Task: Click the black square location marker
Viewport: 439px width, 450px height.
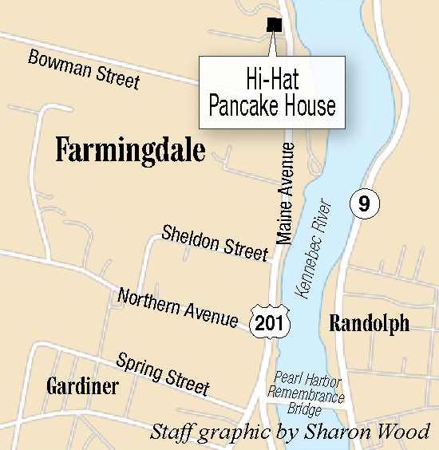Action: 274,24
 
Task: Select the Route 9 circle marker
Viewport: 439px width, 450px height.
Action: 364,204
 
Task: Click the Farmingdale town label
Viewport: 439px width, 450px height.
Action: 130,150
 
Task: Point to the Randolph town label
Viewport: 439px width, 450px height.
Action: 370,323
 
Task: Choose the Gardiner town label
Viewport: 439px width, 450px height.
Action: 82,387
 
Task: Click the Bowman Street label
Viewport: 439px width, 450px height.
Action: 84,69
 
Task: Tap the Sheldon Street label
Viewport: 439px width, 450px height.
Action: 214,243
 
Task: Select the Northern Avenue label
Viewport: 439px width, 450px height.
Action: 177,308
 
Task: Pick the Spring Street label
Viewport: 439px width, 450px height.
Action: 163,373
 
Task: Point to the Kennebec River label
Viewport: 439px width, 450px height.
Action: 310,248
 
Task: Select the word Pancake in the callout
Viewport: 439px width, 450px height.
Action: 242,107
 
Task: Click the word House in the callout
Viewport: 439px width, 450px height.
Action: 307,107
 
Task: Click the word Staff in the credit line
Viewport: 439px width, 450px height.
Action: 171,432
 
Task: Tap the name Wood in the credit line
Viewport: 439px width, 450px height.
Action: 407,432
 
